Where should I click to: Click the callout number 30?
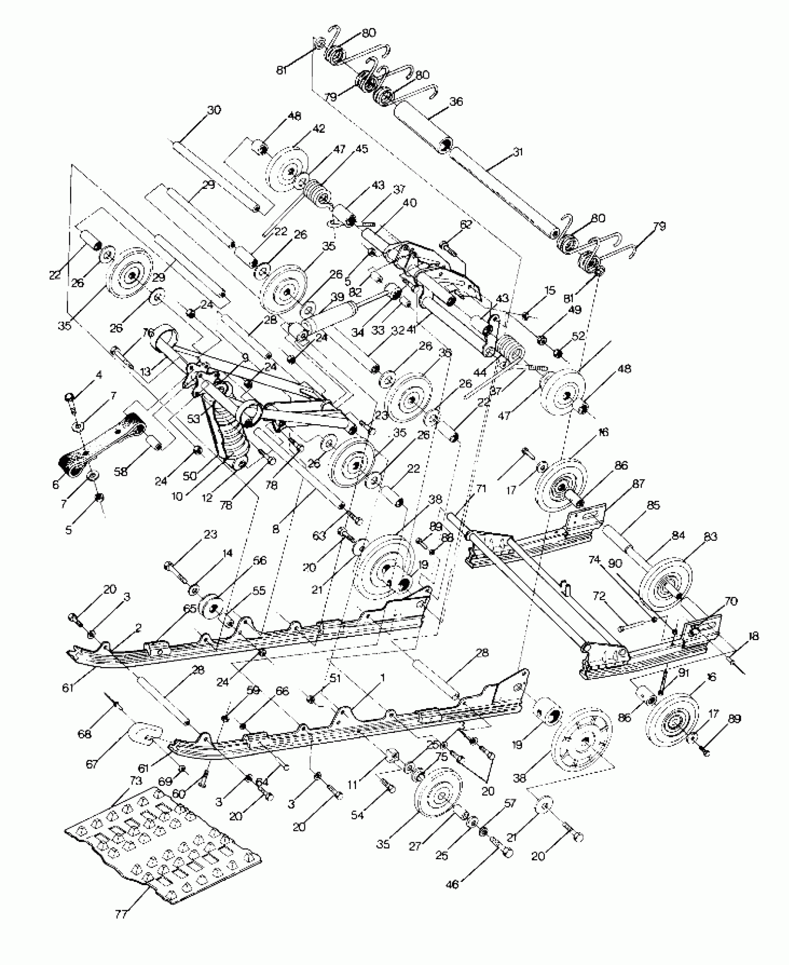214,110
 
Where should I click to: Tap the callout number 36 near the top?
456,102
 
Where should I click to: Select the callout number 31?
518,152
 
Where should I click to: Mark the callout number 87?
638,484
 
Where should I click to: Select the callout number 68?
84,734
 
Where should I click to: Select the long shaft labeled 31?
501,190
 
